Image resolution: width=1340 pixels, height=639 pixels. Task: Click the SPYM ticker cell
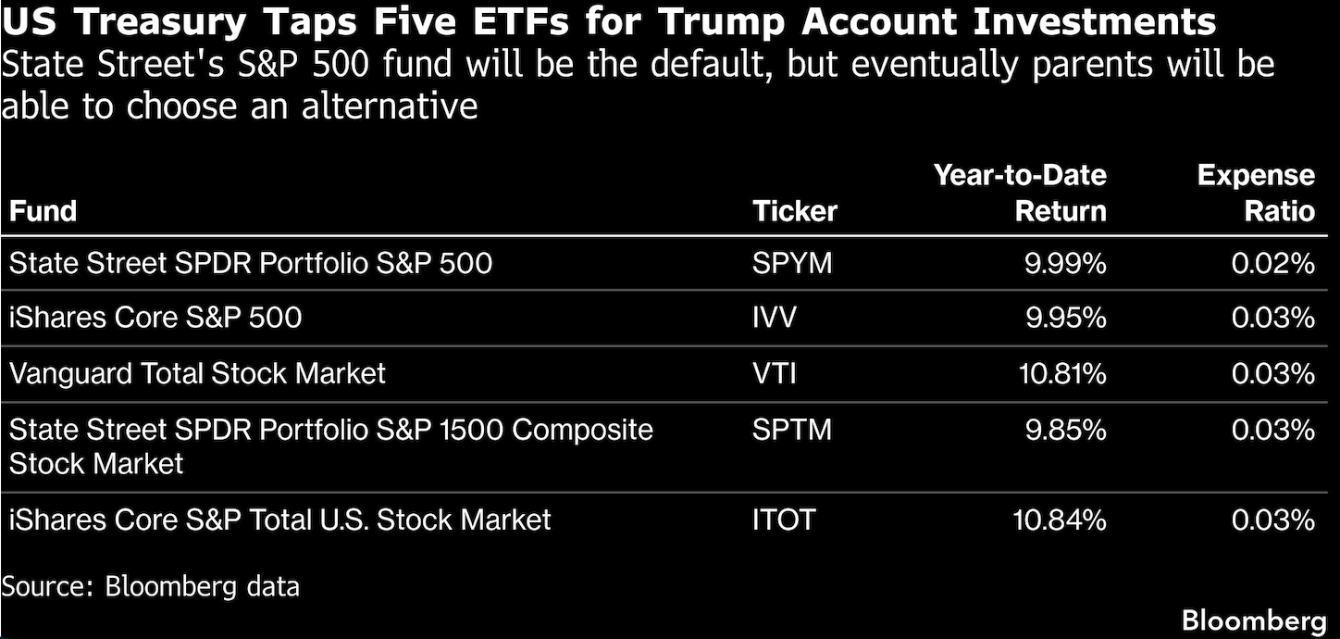pyautogui.click(x=792, y=264)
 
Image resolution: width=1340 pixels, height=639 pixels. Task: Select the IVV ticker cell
pyautogui.click(x=774, y=318)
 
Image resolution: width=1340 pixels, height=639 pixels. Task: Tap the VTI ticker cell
pyautogui.click(x=774, y=374)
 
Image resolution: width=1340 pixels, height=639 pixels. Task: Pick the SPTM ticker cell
pyautogui.click(x=792, y=430)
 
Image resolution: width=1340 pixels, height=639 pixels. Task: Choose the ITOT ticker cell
pyautogui.click(x=784, y=520)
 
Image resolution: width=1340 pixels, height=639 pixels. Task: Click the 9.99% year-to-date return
pyautogui.click(x=1065, y=264)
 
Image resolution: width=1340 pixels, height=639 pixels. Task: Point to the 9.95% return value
pyautogui.click(x=1066, y=318)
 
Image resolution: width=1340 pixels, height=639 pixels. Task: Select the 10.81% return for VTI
pyautogui.click(x=1062, y=374)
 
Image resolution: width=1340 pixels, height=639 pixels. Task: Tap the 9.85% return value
pyautogui.click(x=1066, y=430)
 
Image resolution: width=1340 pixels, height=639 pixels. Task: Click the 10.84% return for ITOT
pyautogui.click(x=1060, y=520)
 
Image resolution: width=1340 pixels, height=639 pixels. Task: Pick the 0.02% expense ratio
pyautogui.click(x=1273, y=264)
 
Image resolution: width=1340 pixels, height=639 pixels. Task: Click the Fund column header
pyautogui.click(x=43, y=211)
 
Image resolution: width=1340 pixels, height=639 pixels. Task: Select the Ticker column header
pyautogui.click(x=794, y=211)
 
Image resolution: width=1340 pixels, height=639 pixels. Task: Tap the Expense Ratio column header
pyautogui.click(x=1257, y=193)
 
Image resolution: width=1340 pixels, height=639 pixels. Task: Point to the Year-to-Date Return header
pyautogui.click(x=1020, y=193)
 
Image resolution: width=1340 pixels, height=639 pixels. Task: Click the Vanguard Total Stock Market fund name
pyautogui.click(x=197, y=374)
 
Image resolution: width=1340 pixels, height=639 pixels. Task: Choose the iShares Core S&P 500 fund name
pyautogui.click(x=155, y=318)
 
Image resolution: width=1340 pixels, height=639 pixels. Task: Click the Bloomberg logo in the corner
pyautogui.click(x=1254, y=621)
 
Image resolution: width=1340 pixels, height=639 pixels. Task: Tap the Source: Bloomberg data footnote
pyautogui.click(x=150, y=586)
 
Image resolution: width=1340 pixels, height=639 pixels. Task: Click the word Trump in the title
pyautogui.click(x=722, y=22)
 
